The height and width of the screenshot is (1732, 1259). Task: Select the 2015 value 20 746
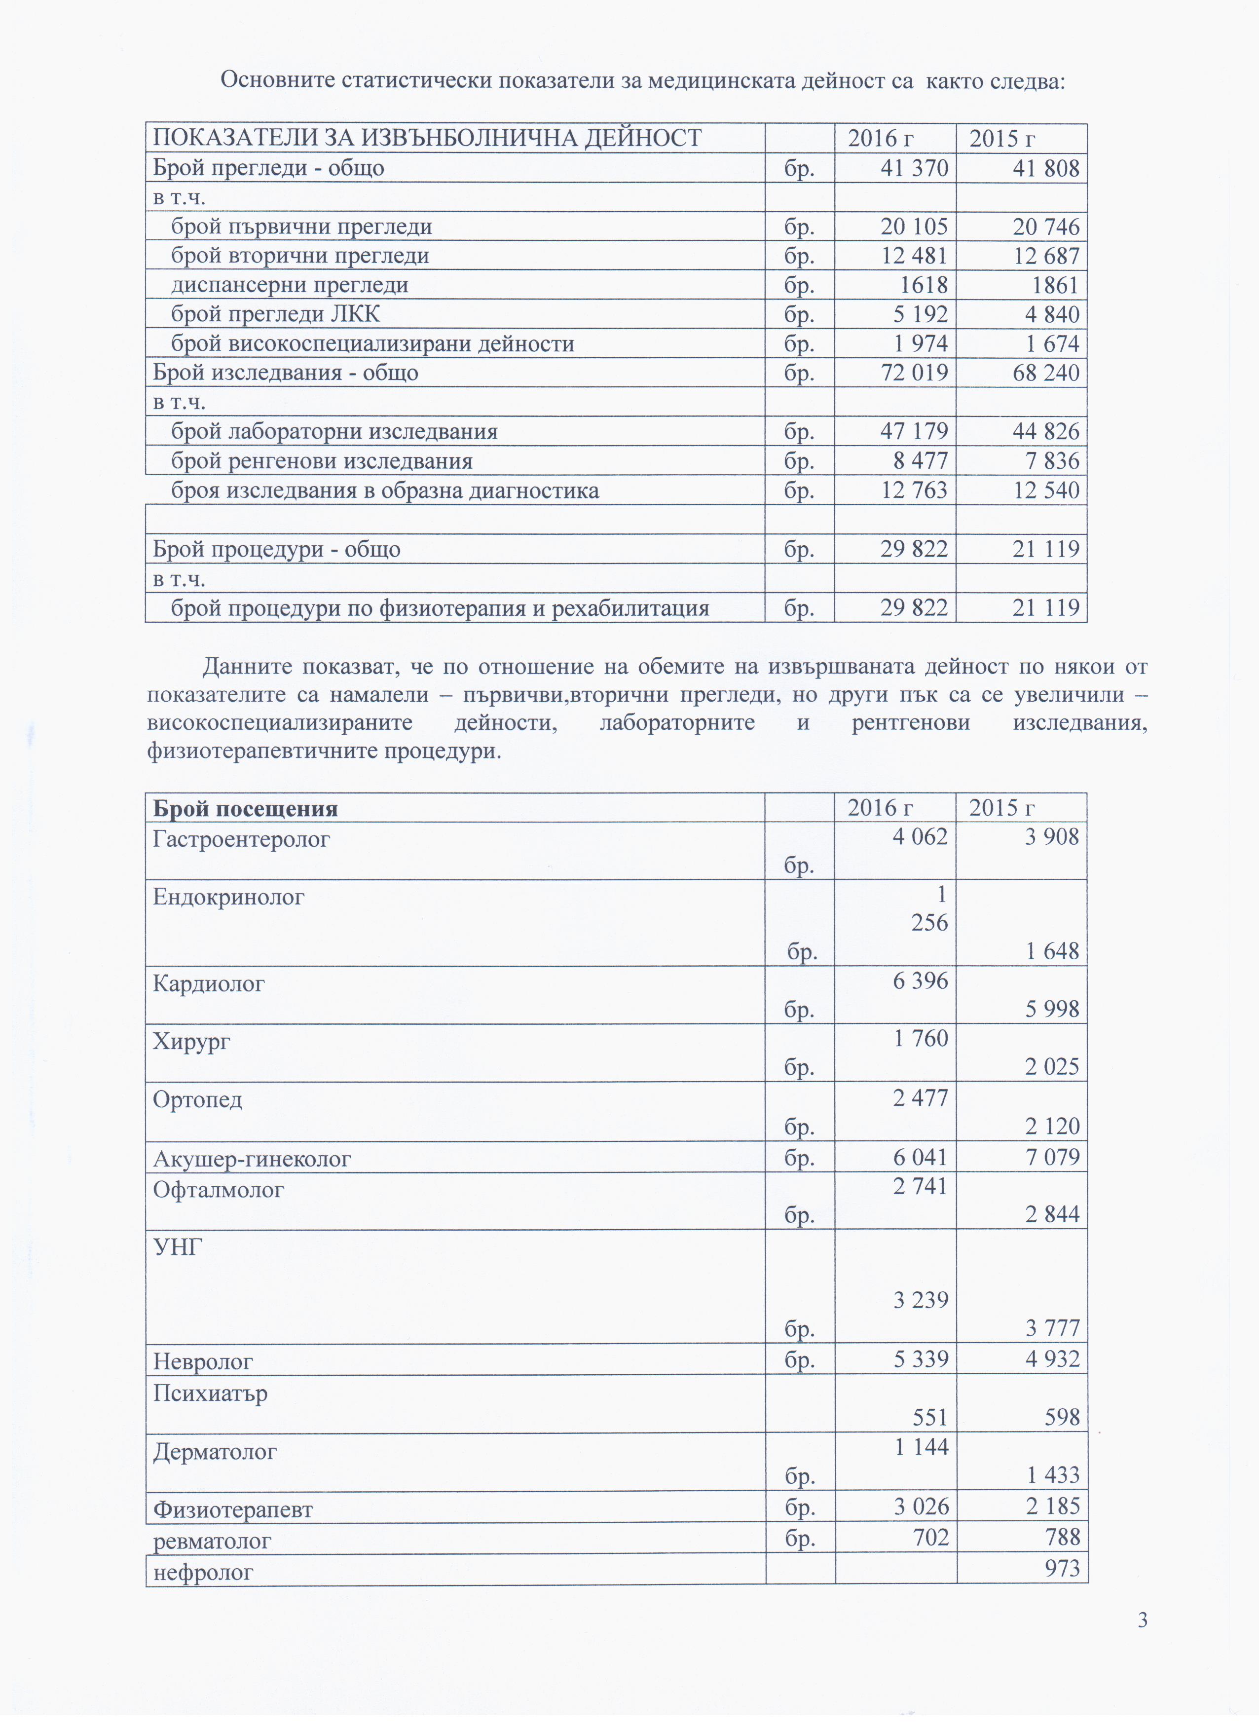[1046, 227]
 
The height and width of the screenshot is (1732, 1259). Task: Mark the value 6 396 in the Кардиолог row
[920, 980]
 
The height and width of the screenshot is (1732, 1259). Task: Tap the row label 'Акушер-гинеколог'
[252, 1159]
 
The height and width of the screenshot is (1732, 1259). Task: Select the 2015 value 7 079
[1052, 1158]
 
